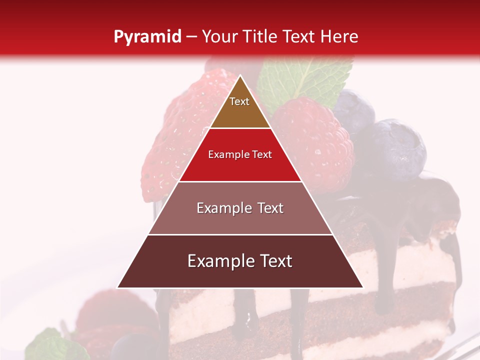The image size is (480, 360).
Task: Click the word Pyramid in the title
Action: point(147,37)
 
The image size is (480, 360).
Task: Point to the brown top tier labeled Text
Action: point(240,107)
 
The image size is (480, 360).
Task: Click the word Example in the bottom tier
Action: point(218,261)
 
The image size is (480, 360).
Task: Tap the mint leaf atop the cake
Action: point(305,80)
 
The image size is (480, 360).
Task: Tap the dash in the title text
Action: point(191,37)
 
